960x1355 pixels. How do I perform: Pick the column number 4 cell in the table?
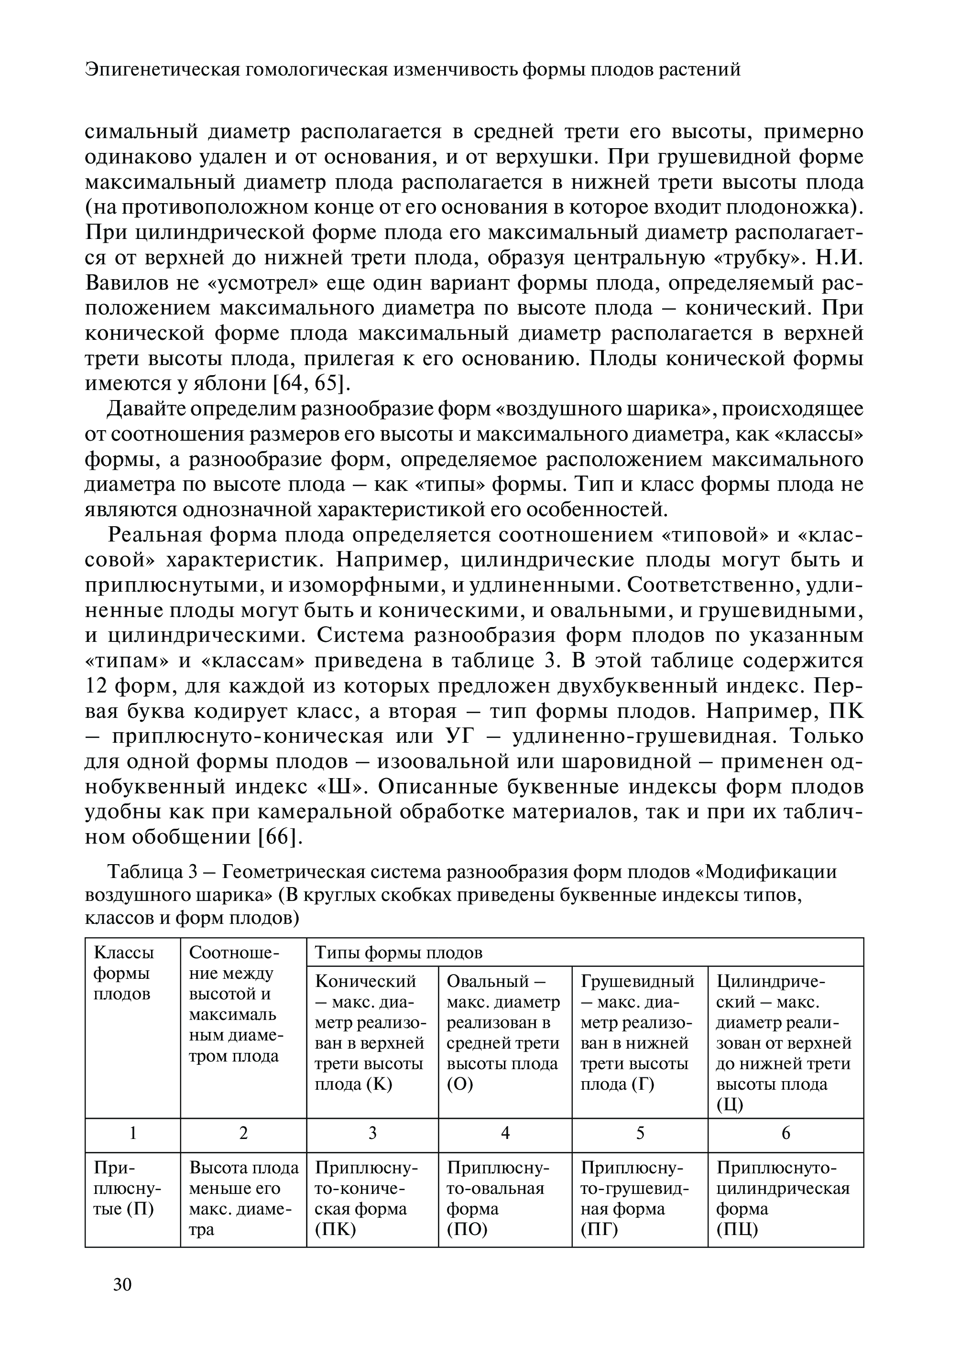505,1133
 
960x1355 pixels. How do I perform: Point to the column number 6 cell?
785,1133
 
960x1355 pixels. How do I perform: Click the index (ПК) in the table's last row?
335,1230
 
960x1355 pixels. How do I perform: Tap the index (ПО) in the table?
467,1230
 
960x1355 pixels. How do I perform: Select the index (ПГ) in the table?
600,1230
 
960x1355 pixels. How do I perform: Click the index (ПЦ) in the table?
737,1230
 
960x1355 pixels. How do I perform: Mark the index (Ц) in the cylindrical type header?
730,1105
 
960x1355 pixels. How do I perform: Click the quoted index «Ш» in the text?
344,787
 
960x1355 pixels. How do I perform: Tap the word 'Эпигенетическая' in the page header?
163,70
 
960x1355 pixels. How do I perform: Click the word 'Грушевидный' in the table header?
637,982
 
